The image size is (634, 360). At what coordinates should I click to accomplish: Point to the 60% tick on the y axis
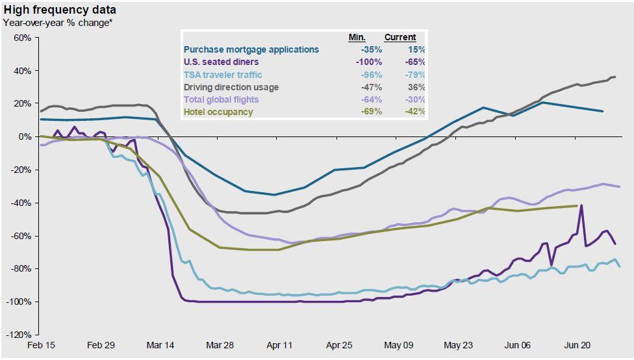tap(21, 38)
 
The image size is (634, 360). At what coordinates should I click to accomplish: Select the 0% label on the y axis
tap(24, 137)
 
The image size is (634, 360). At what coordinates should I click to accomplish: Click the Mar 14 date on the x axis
tap(160, 345)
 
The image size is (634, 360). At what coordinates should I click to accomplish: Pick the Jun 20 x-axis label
tap(576, 345)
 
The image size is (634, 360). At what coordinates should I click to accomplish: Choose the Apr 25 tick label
tap(339, 345)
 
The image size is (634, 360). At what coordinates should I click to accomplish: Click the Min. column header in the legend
tap(357, 38)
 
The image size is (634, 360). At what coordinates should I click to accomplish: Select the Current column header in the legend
tap(400, 38)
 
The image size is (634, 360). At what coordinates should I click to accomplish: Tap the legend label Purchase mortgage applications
tap(251, 49)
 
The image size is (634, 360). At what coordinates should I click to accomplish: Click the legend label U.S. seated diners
tap(221, 62)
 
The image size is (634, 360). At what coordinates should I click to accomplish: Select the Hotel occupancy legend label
tap(218, 112)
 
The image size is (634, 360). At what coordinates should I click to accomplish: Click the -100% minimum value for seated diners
tap(369, 62)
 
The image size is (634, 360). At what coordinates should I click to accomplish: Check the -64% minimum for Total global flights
tap(371, 99)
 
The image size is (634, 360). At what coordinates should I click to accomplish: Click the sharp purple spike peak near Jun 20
tap(581, 205)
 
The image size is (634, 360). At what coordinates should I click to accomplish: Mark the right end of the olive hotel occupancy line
tap(577, 206)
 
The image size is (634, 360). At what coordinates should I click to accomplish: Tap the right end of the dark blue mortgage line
tap(603, 111)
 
